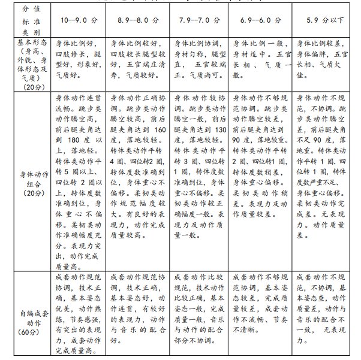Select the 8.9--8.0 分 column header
click(x=139, y=20)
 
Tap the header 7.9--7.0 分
click(x=200, y=20)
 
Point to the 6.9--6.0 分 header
click(x=260, y=20)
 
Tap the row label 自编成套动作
click(x=26, y=317)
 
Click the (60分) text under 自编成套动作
click(x=25, y=331)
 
